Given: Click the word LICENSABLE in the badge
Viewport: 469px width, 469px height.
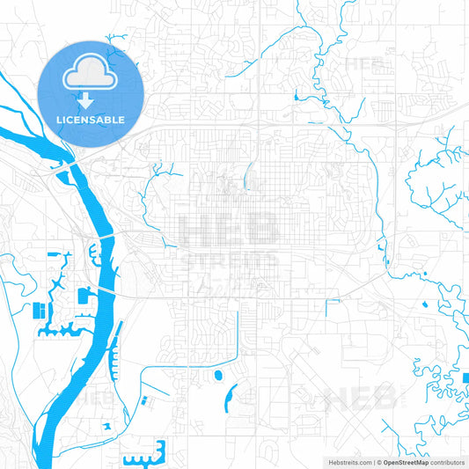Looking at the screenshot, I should pos(92,119).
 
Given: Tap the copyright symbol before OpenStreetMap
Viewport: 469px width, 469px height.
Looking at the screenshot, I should pos(379,461).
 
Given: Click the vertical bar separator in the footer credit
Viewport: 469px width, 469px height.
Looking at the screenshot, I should pos(373,461).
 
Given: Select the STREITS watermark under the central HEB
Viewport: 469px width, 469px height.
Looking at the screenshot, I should pos(229,261).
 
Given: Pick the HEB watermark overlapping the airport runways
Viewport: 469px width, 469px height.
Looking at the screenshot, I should pos(360,400).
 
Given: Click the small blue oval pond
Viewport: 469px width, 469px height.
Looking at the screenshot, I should pos(217,376).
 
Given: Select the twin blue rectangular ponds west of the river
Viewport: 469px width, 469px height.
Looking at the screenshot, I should pos(40,311).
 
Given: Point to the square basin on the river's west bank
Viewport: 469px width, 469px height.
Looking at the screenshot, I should pos(85,295).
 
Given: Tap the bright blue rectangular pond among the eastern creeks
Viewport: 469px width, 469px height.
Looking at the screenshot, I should pos(464,379).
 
